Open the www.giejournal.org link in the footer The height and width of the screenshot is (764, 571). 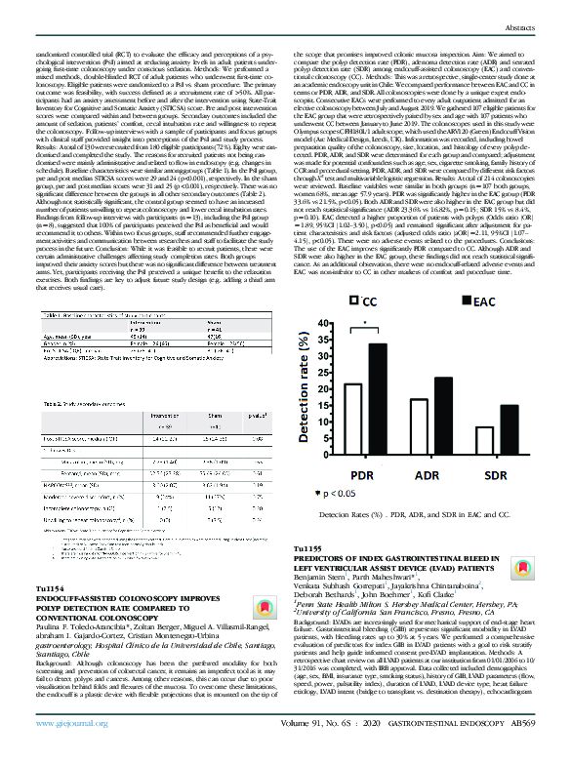pos(68,753)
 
